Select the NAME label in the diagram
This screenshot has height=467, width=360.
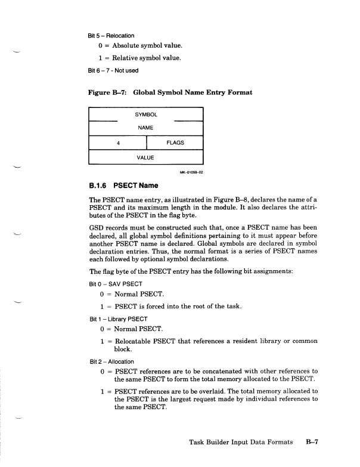(146, 128)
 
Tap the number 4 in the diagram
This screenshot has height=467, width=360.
(119, 143)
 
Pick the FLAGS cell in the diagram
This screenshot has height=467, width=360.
(175, 143)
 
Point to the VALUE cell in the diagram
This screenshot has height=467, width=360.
(146, 157)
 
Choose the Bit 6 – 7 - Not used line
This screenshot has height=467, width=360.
(113, 70)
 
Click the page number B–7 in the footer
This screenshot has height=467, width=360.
(314, 443)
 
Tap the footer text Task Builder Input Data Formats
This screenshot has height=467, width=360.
(240, 443)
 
